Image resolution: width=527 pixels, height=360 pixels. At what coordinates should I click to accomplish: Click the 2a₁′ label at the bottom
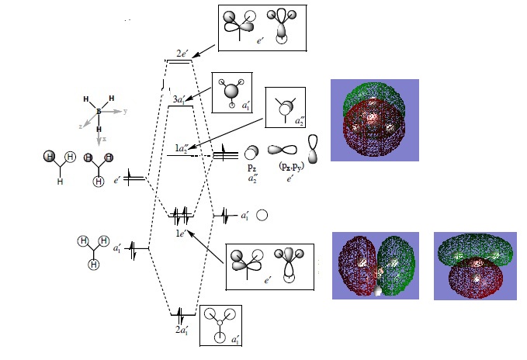182,331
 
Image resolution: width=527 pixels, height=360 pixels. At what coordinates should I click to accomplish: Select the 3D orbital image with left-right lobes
375,265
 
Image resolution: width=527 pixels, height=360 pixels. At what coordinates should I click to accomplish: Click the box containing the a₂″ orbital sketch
287,108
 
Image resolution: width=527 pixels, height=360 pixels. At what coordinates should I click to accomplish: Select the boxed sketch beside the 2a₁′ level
221,324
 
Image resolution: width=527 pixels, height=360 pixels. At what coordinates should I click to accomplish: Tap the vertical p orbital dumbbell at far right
314,148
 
